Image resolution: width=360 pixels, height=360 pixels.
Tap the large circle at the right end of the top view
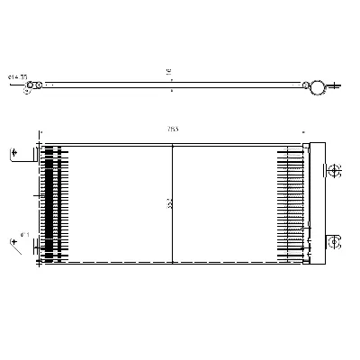pos(316,87)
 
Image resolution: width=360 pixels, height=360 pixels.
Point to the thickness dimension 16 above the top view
pos(168,71)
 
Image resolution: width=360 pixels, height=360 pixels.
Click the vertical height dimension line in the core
pos(172,180)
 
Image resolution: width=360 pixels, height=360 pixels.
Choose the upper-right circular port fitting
pos(332,170)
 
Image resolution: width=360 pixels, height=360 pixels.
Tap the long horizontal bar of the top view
pos(171,87)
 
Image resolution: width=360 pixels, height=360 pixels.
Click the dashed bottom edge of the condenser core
pos(171,263)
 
